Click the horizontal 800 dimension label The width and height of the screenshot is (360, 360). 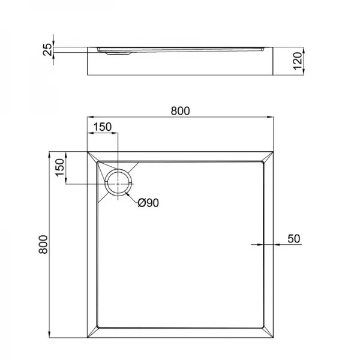click(180, 110)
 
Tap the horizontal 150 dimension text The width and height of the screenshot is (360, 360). click(103, 127)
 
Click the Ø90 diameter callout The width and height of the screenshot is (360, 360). click(148, 203)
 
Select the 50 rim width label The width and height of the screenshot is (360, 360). click(293, 238)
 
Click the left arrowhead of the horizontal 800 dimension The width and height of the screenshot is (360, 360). click(91, 116)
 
